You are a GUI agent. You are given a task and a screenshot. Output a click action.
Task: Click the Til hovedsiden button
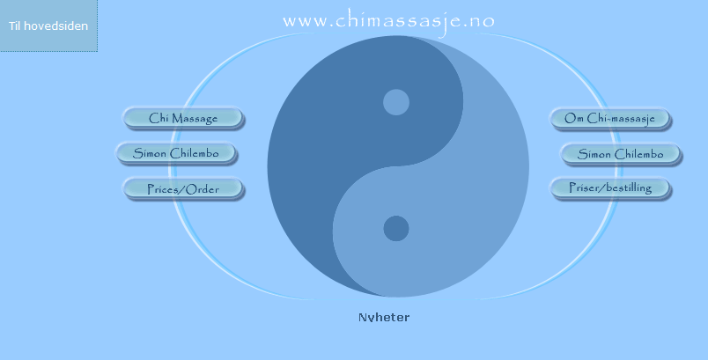tap(48, 26)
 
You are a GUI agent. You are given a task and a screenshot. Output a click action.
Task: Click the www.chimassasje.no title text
tap(388, 22)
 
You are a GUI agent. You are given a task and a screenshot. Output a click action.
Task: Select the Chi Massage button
tap(183, 118)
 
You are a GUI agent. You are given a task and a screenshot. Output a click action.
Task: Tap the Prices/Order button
tap(183, 189)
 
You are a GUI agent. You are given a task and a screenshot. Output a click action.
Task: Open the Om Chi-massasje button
tap(610, 119)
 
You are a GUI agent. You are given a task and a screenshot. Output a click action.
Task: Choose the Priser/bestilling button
tap(610, 188)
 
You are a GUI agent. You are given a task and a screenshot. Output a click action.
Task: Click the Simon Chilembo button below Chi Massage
tap(176, 153)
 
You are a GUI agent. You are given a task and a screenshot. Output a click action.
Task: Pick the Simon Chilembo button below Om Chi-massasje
tap(621, 154)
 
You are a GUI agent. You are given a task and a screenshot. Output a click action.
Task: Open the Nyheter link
tap(384, 317)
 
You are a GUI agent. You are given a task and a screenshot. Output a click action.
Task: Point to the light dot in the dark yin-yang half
tap(396, 102)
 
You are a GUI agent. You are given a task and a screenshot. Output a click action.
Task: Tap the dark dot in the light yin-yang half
tap(396, 228)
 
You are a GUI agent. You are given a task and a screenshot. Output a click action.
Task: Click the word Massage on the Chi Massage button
tap(195, 119)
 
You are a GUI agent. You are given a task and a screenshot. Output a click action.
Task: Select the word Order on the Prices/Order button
tap(203, 189)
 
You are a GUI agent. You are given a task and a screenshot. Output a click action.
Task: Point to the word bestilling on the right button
tap(631, 187)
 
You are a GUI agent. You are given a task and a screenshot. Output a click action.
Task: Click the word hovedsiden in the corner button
tap(55, 26)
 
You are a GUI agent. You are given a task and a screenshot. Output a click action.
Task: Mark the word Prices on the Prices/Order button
tap(164, 189)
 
